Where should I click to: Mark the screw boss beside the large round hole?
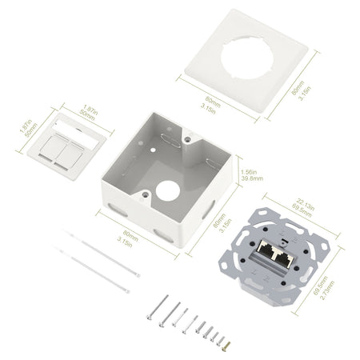(x=146, y=193)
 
